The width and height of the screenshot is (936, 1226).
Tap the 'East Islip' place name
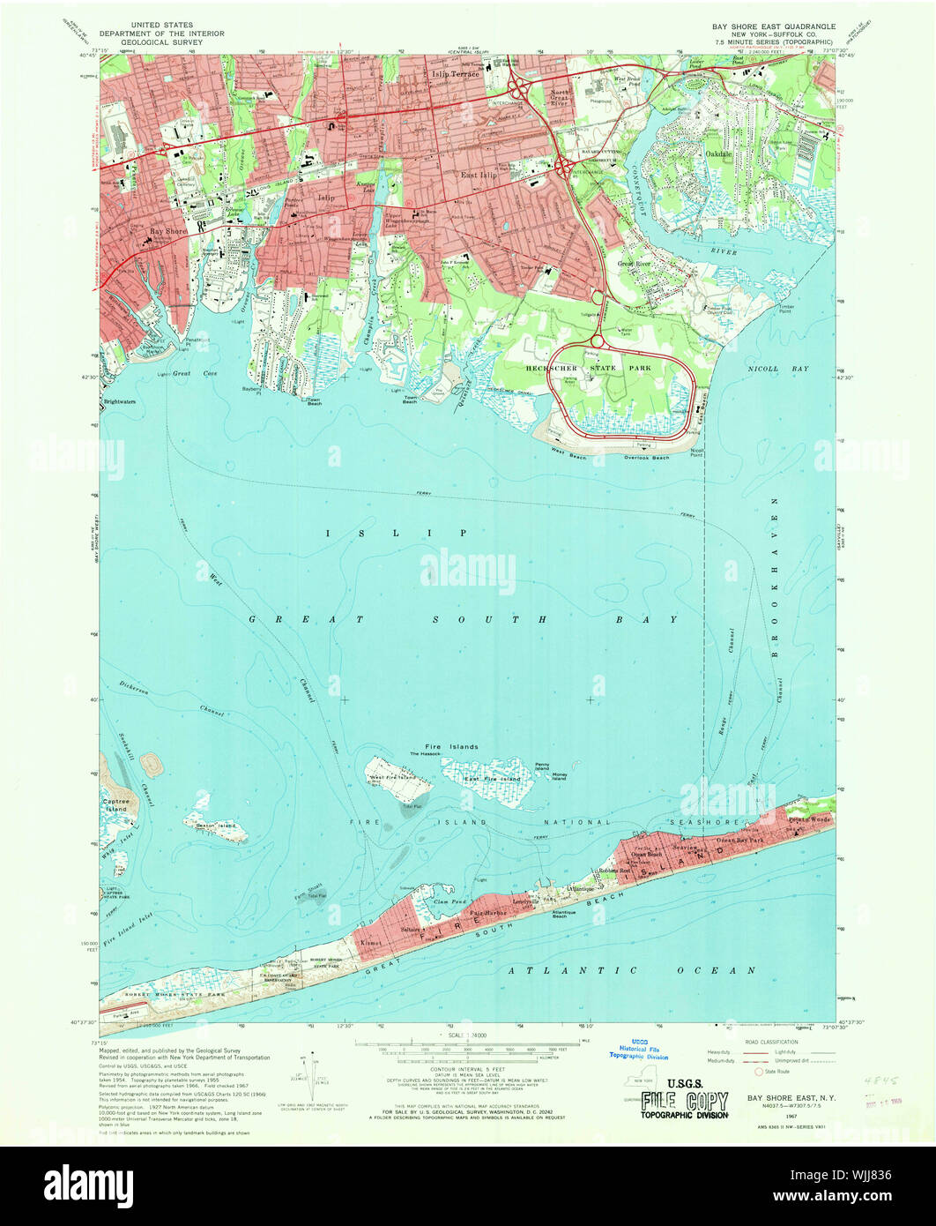tap(481, 176)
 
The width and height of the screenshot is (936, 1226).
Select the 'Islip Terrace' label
tap(455, 75)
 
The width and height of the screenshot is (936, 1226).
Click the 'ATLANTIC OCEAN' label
tap(632, 970)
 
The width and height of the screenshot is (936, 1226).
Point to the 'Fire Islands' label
tap(452, 747)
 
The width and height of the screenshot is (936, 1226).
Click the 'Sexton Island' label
tap(215, 826)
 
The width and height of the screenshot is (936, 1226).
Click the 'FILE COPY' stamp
tap(684, 1102)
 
